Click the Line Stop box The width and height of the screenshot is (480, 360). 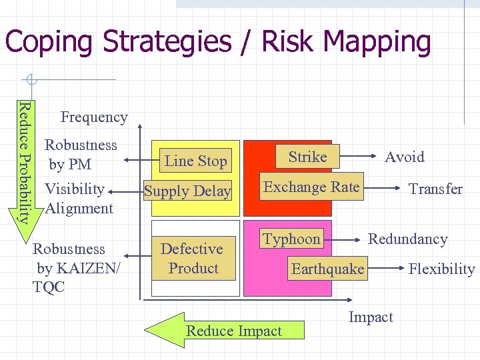195,161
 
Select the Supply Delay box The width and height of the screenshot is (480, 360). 187,191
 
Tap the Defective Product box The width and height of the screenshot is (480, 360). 192,259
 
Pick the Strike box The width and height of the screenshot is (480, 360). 307,157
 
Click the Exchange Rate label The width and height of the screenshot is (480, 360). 311,187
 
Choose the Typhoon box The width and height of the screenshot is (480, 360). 291,239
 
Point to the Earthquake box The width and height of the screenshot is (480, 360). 327,269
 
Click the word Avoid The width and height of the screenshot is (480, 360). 405,157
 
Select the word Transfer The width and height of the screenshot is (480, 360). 435,189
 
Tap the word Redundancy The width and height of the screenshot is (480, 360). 408,239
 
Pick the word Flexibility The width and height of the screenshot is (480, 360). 441,269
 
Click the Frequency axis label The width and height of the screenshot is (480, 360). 94,117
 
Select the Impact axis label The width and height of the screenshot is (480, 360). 371,317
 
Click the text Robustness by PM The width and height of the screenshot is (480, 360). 80,154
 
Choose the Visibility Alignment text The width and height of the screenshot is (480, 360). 78,198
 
